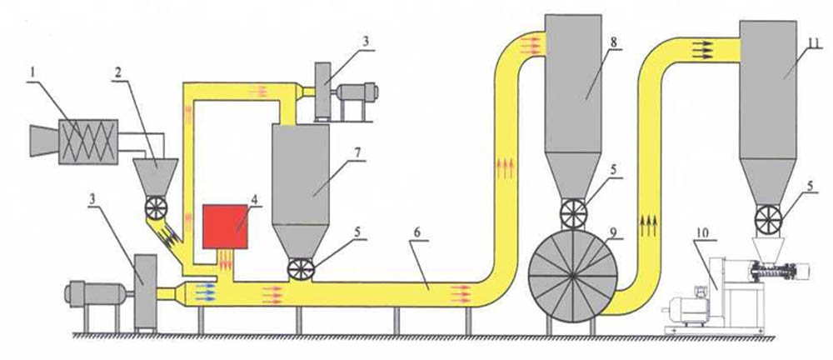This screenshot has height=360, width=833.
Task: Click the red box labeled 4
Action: click(x=225, y=225)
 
